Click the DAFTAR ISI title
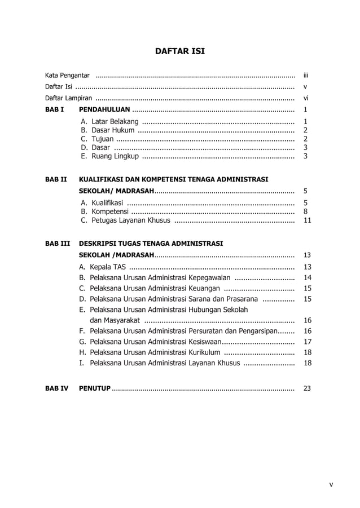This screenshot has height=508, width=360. click(180, 52)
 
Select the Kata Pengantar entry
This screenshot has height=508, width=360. click(67, 75)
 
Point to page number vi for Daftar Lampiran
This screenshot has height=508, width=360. click(305, 98)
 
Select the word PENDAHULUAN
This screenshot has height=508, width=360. click(104, 110)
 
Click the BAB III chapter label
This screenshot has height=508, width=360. click(58, 244)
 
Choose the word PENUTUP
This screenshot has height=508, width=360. click(94, 388)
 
